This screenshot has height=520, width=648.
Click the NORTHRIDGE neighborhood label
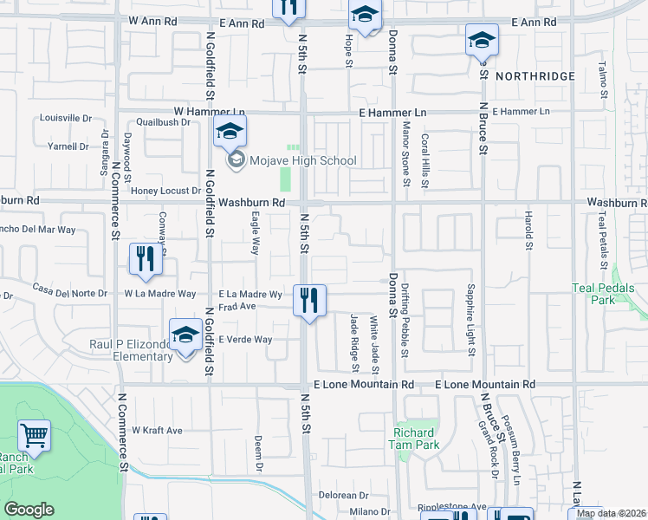coord(535,76)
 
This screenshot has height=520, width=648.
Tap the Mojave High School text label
coord(290,160)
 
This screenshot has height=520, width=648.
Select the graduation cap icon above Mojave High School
coord(230,132)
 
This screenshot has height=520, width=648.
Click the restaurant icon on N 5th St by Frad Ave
coord(309,300)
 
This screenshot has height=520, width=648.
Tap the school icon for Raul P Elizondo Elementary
coord(185,336)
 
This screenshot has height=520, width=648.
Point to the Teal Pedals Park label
coord(604,294)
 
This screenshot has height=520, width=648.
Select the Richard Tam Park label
coord(416,439)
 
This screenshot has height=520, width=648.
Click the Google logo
coord(29,510)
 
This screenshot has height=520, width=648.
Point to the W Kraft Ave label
coord(157,430)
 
